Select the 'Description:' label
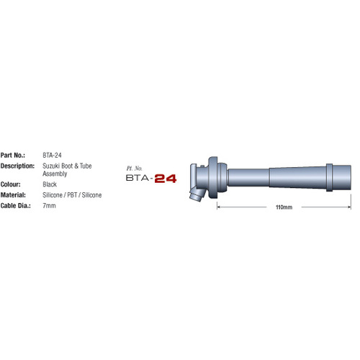[18, 166]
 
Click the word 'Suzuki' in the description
[52, 166]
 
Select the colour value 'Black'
[50, 184]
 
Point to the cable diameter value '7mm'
[49, 205]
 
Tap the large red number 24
[165, 176]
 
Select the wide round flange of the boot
[214, 175]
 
